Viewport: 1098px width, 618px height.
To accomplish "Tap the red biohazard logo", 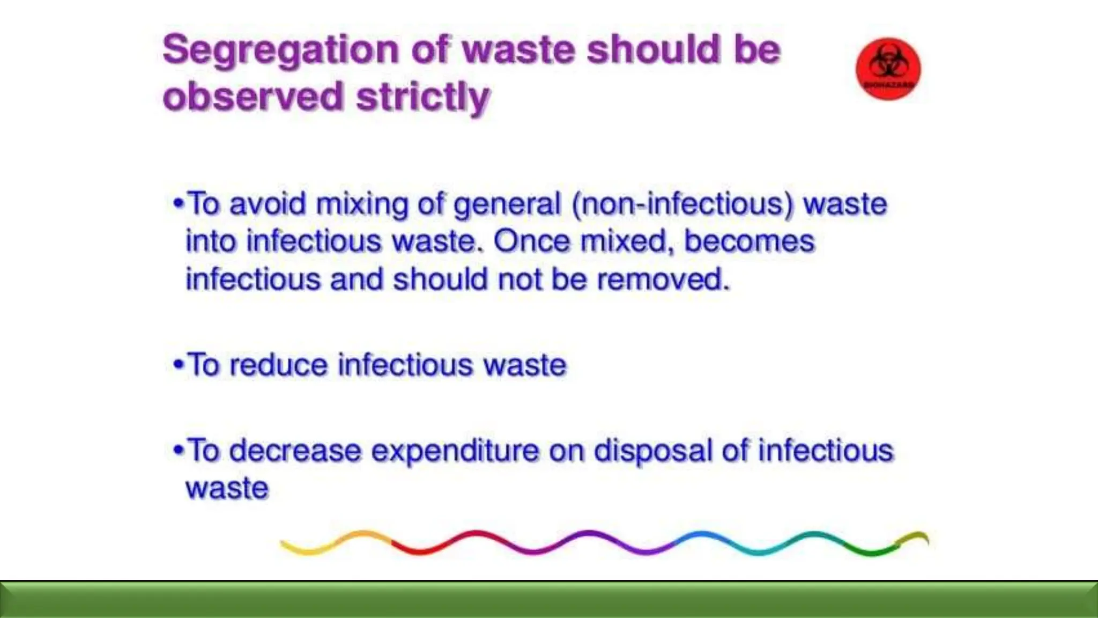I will point(888,69).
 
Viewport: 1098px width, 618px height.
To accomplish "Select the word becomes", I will point(749,241).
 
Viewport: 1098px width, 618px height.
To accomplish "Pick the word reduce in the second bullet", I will point(278,365).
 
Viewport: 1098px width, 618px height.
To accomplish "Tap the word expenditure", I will point(455,451).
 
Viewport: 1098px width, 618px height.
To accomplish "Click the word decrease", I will point(295,451).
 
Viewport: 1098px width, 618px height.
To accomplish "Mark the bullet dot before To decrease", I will point(179,450).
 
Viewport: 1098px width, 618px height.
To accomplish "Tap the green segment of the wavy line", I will point(869,550).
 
